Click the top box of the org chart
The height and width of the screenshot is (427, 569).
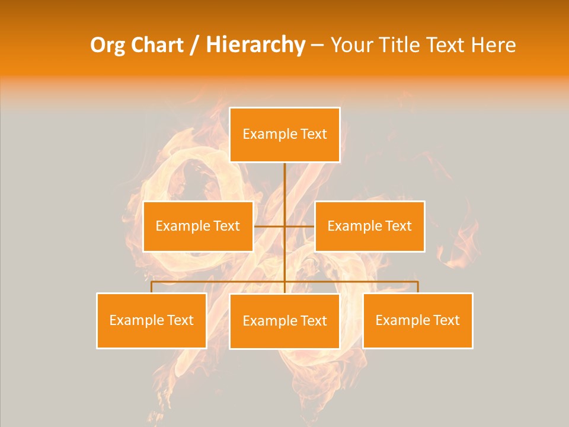point(284,135)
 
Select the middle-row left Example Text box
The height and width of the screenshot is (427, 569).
point(198,226)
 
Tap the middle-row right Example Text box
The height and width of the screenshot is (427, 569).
point(369,226)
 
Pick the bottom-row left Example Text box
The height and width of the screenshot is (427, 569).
point(152,320)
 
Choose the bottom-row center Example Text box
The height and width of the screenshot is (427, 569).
point(284,321)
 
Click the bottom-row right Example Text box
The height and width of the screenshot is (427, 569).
point(417,320)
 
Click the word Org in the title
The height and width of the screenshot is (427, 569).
point(107,45)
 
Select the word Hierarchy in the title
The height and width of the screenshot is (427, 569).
point(255,45)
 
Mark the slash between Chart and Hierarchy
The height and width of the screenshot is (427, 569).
point(194,45)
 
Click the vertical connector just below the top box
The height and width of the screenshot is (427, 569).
point(284,178)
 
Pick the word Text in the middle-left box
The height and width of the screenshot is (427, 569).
point(226,226)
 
